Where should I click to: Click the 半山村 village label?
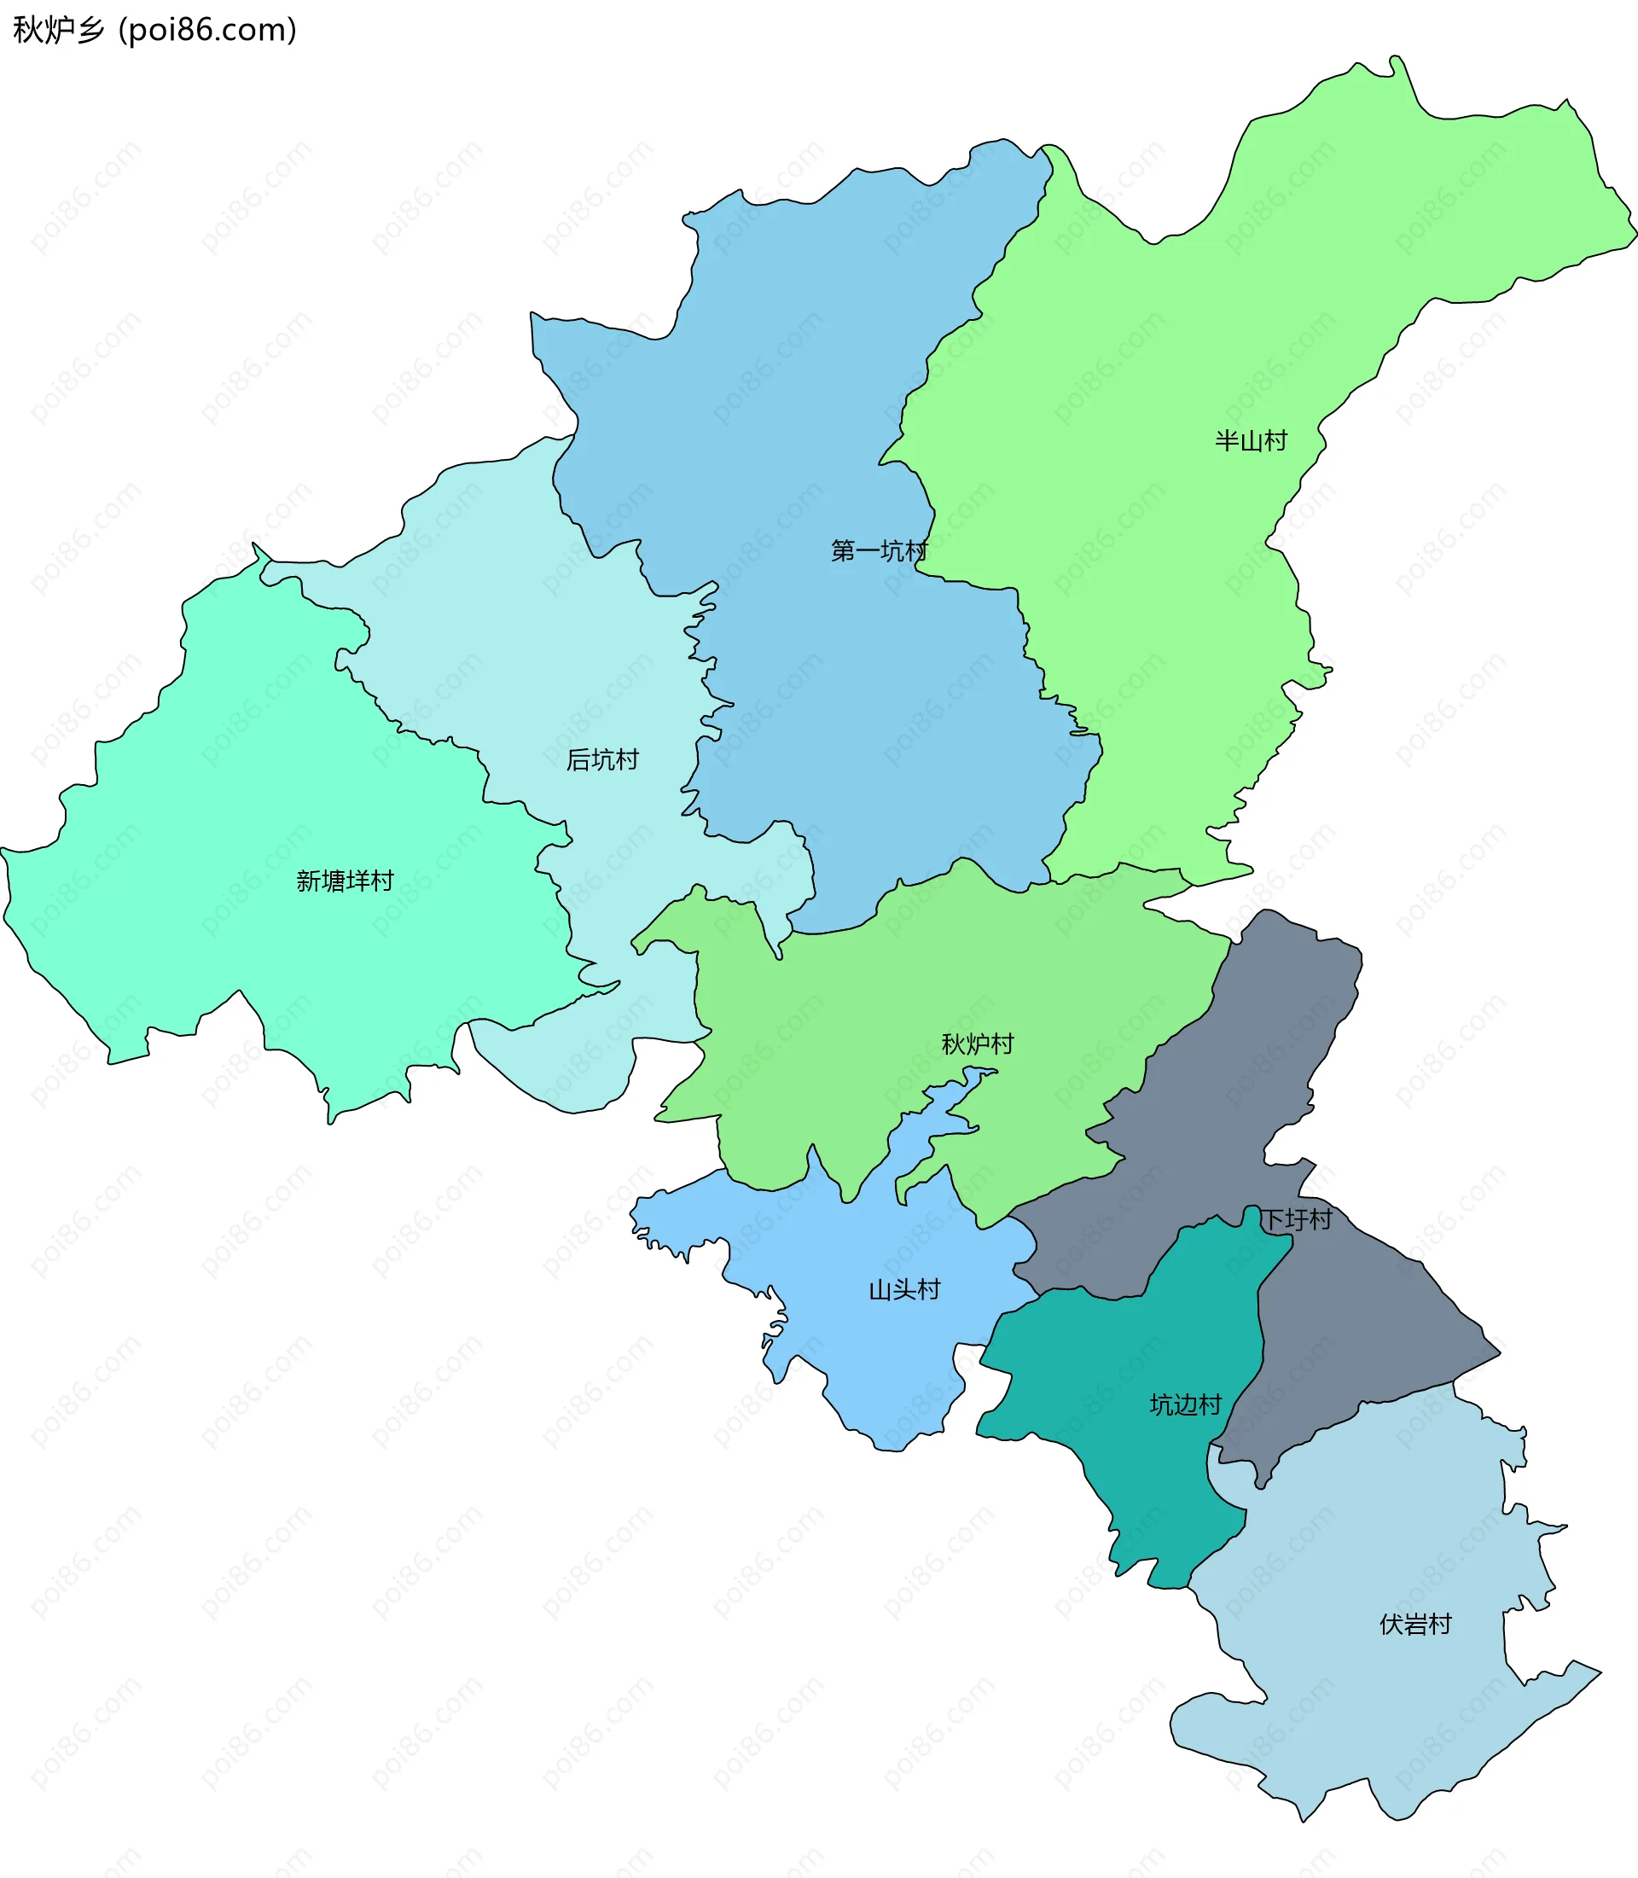pyautogui.click(x=1251, y=440)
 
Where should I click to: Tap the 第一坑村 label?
pyautogui.click(x=879, y=550)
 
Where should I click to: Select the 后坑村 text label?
pyautogui.click(x=601, y=759)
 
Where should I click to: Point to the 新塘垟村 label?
pyautogui.click(x=345, y=881)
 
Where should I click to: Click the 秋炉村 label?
pyautogui.click(x=977, y=1044)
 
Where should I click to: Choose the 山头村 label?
pyautogui.click(x=904, y=1289)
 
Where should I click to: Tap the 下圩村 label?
pyautogui.click(x=1296, y=1218)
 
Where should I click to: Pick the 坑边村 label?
pyautogui.click(x=1185, y=1404)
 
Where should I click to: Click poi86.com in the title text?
pyautogui.click(x=207, y=30)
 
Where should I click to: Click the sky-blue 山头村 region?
pyautogui.click(x=878, y=1353)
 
